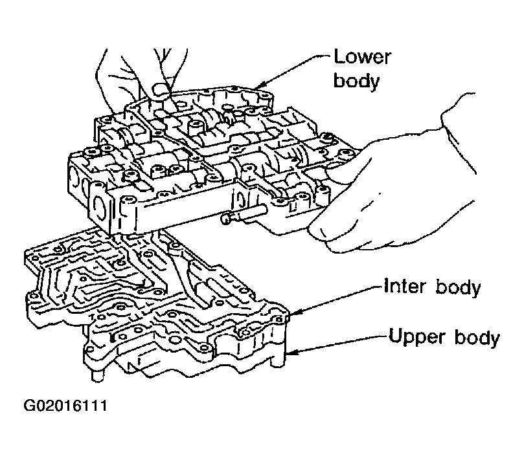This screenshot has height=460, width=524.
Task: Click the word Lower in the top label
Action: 362,57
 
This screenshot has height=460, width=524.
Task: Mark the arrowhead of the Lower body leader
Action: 257,86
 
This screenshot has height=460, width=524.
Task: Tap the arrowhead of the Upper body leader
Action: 290,353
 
